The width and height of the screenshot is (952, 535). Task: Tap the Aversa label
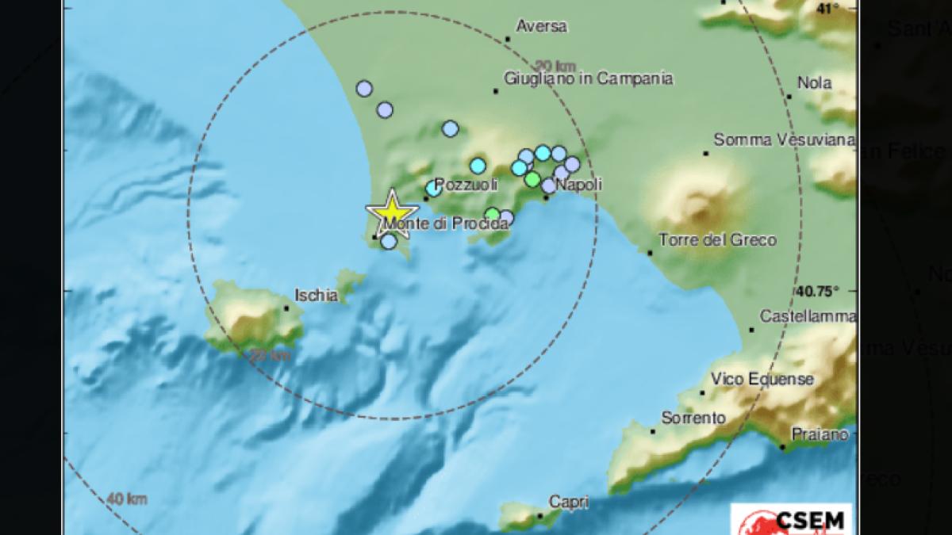pyautogui.click(x=541, y=26)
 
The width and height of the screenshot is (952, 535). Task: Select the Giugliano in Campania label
pyautogui.click(x=589, y=78)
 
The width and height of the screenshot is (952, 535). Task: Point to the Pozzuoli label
pyautogui.click(x=466, y=184)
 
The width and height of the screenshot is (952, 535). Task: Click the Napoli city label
pyautogui.click(x=578, y=184)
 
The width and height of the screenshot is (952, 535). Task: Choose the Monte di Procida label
pyautogui.click(x=446, y=224)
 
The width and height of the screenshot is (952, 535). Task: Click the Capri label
pyautogui.click(x=568, y=501)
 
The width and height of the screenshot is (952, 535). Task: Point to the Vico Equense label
pyautogui.click(x=762, y=379)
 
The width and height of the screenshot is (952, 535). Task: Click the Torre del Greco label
pyautogui.click(x=718, y=240)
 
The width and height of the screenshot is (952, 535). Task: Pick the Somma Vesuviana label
pyautogui.click(x=784, y=140)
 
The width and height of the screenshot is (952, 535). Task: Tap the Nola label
pyautogui.click(x=815, y=82)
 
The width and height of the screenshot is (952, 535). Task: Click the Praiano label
pyautogui.click(x=820, y=434)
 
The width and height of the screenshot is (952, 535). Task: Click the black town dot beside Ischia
pyautogui.click(x=286, y=308)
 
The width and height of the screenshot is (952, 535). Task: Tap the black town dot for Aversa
pyautogui.click(x=509, y=38)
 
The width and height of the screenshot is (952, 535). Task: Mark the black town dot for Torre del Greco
pyautogui.click(x=650, y=253)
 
